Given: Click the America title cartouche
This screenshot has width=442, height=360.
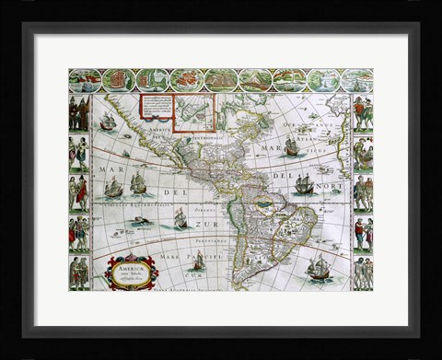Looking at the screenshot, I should (130, 273).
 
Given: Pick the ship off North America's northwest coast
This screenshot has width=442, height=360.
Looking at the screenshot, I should (108, 121).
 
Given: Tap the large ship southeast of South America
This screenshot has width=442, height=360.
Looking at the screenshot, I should (319, 268).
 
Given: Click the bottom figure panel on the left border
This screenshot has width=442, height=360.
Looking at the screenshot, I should (78, 273).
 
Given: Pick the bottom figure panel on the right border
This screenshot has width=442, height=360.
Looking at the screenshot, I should (363, 273).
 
